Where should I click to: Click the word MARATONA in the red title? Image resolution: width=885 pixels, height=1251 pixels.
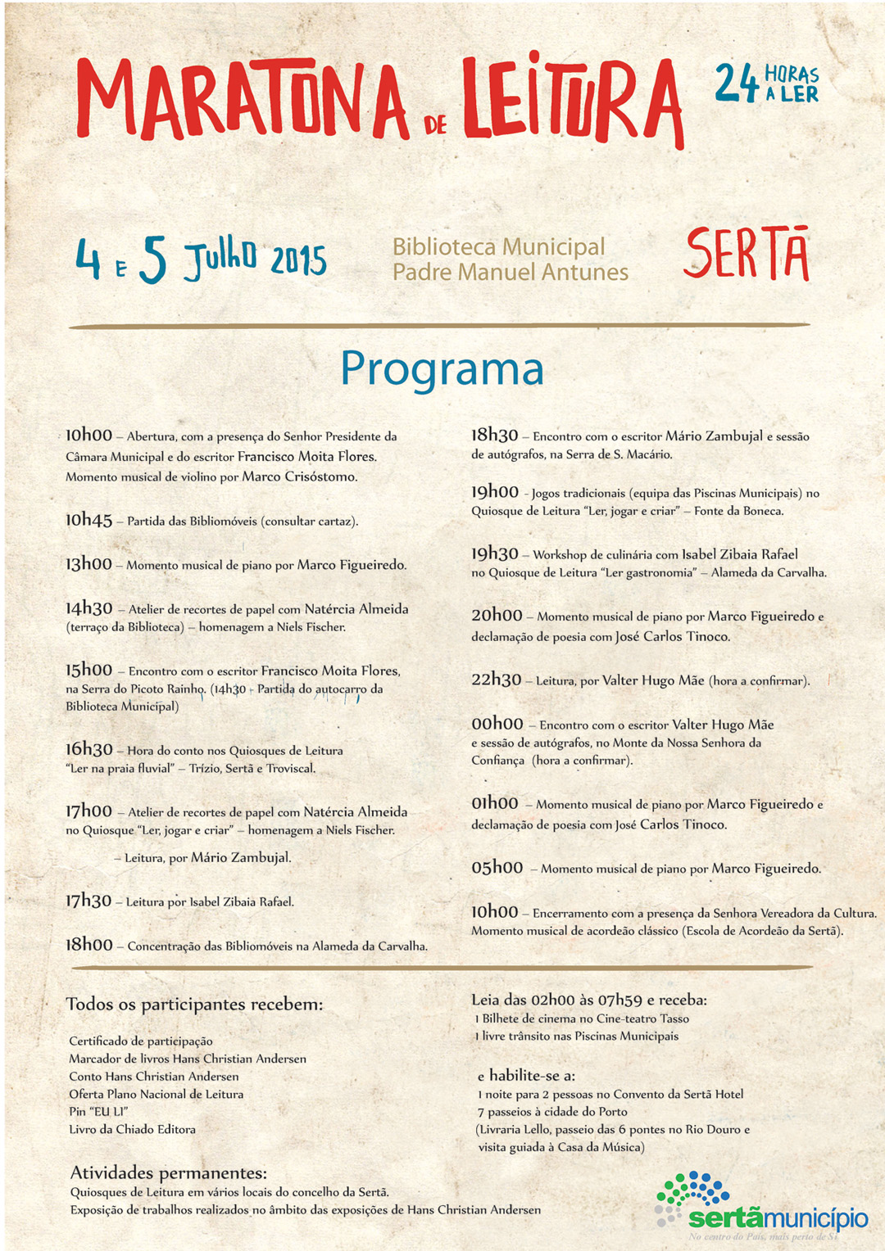[x=242, y=100]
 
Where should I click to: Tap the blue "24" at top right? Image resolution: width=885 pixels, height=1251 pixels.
[x=737, y=84]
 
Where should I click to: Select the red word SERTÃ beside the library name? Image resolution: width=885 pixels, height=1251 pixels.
[x=747, y=255]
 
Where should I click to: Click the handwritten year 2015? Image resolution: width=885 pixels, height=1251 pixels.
[x=298, y=260]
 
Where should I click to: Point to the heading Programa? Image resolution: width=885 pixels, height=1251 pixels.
[x=442, y=368]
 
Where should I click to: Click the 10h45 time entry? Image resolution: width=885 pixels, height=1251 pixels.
[x=88, y=520]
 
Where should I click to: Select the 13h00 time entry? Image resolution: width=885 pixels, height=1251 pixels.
[x=88, y=564]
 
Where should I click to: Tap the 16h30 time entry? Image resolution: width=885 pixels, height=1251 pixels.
[x=88, y=749]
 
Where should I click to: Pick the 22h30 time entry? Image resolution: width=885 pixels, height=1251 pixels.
[x=496, y=680]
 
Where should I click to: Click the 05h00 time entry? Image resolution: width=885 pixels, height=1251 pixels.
[x=497, y=868]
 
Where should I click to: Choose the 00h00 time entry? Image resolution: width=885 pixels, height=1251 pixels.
[x=497, y=724]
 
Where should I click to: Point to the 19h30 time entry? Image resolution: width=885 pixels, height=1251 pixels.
[x=494, y=553]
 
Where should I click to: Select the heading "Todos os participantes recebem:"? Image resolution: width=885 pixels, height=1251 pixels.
[x=194, y=1005]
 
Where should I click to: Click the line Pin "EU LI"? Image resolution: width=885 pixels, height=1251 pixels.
[x=98, y=1111]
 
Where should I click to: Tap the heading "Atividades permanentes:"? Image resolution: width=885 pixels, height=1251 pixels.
[x=168, y=1172]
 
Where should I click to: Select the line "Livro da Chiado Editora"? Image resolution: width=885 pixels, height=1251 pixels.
[x=132, y=1129]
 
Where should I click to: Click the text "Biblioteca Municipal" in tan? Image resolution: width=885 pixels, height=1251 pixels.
[x=498, y=246]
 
